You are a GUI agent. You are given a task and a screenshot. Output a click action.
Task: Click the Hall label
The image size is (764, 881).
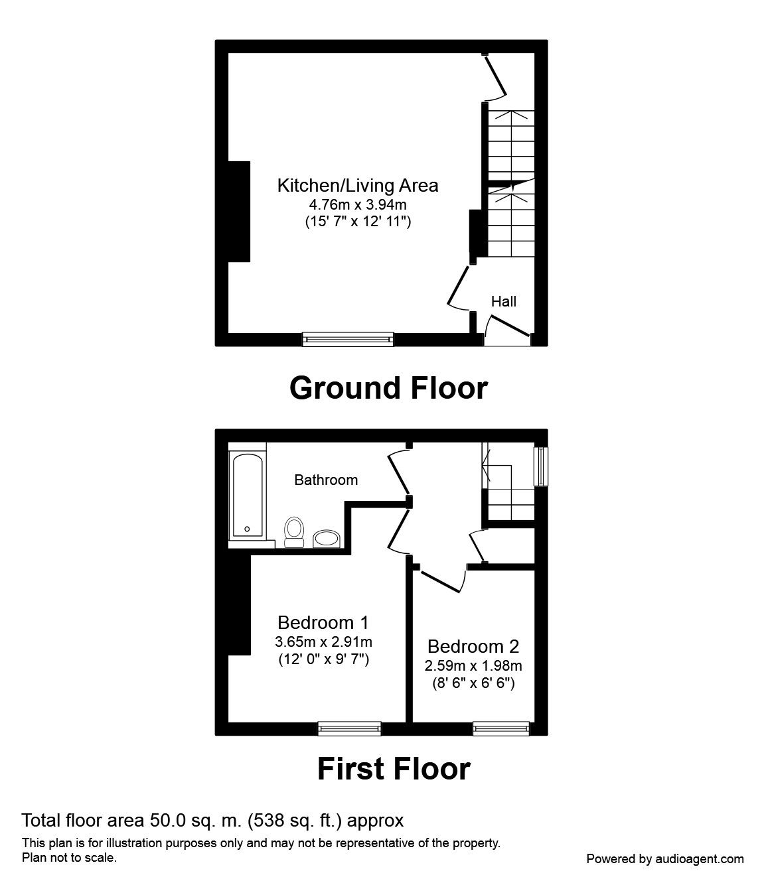(503, 302)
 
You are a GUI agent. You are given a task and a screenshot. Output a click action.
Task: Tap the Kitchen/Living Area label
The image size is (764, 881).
(358, 185)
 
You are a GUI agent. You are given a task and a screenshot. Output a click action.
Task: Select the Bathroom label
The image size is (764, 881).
(326, 480)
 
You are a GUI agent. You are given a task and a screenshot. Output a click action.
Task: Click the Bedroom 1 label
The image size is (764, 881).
(323, 622)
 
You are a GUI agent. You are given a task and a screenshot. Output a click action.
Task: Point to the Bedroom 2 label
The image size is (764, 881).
(473, 646)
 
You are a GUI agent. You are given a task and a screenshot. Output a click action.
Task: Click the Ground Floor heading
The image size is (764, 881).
(388, 388)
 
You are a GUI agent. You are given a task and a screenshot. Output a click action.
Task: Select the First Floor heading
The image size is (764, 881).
(394, 769)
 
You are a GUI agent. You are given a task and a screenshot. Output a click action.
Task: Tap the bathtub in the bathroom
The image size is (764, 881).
(248, 496)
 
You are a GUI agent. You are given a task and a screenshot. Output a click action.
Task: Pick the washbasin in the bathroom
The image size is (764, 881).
(325, 538)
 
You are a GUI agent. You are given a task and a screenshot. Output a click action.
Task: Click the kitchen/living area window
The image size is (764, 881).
(348, 339)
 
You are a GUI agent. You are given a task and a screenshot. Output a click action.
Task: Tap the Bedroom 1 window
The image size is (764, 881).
(350, 728)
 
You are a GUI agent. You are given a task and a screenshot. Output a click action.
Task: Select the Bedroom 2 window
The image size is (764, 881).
(501, 728)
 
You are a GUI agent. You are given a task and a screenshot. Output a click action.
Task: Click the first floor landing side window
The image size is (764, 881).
(542, 466)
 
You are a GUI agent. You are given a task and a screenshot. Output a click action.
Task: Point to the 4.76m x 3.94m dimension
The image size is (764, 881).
(358, 206)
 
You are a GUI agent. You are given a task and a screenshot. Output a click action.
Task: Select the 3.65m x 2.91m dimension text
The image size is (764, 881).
(323, 642)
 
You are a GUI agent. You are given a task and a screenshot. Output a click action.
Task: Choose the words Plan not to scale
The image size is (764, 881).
(70, 857)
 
